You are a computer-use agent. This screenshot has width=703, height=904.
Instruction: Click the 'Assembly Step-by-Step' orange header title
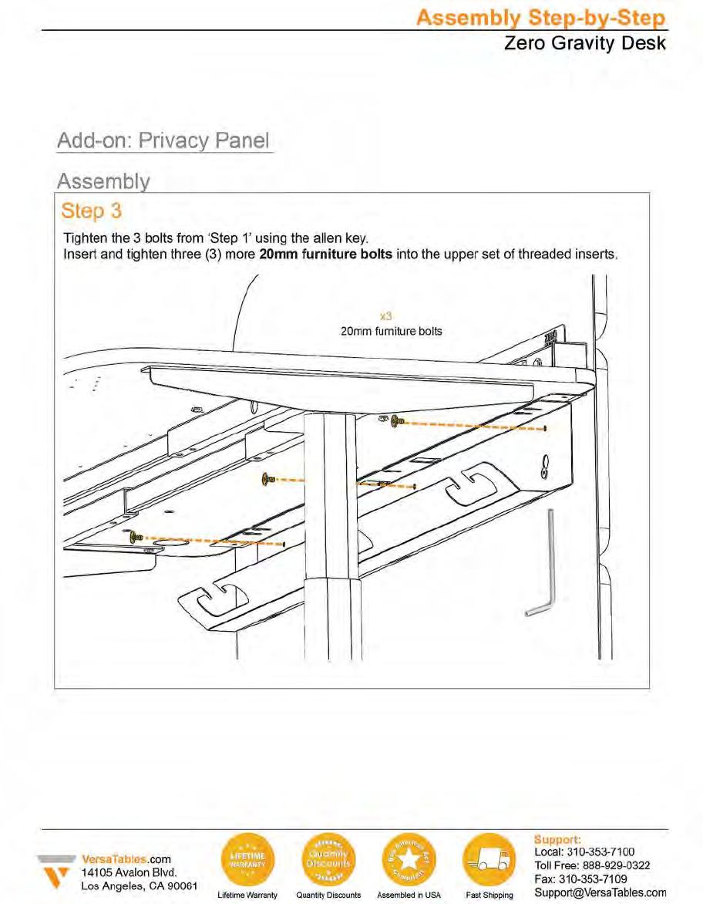point(540,17)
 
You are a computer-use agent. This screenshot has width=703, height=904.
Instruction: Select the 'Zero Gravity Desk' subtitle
point(584,43)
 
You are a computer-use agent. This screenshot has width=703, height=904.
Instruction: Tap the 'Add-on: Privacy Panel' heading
point(164,141)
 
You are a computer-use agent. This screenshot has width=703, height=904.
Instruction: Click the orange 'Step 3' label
point(91,211)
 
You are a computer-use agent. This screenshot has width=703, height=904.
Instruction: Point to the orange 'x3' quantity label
point(388,316)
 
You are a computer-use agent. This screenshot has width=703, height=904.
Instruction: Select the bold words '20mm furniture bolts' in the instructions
point(326,254)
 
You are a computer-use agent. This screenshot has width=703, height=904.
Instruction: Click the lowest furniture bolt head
point(136,536)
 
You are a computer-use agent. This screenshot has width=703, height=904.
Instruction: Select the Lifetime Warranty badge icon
point(247,860)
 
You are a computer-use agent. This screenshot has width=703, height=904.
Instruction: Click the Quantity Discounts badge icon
point(328,860)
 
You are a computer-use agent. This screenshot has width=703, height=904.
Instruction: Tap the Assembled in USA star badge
point(408,860)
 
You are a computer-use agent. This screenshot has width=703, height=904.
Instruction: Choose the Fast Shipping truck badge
point(489,860)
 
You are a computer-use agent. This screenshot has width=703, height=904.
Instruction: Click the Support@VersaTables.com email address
point(599,892)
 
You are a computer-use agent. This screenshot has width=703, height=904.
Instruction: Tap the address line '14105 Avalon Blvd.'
point(129,872)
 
